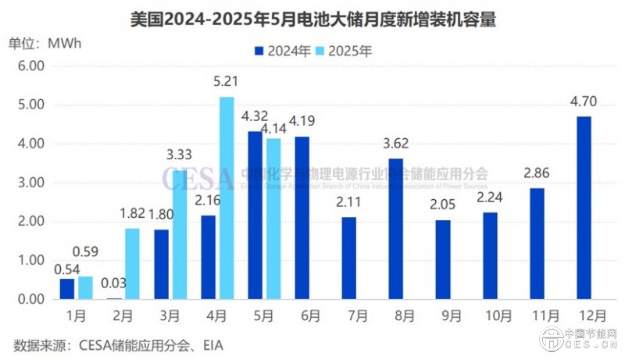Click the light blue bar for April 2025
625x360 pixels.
coord(227,198)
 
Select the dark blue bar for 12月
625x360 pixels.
coord(584,208)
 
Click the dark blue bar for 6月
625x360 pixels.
coord(302,218)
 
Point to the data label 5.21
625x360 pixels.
coord(226,81)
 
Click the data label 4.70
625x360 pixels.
coord(584,101)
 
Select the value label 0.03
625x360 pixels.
coord(114,282)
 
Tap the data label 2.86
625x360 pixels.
coord(537,173)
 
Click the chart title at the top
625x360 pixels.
coord(312,18)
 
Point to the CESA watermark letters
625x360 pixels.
coord(198,178)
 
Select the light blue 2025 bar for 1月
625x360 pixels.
coord(85,287)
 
